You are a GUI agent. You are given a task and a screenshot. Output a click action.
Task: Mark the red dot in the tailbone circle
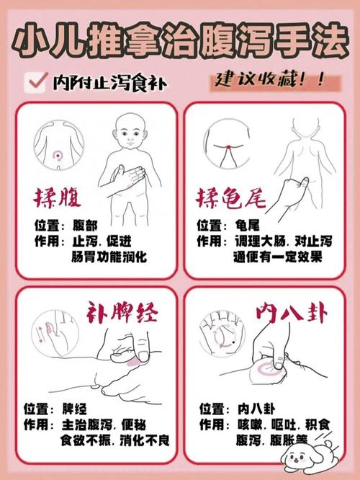coord(226,147)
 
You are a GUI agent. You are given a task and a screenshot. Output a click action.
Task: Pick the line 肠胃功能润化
coord(109,257)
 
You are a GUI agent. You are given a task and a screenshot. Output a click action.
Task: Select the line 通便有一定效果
coord(277,257)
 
